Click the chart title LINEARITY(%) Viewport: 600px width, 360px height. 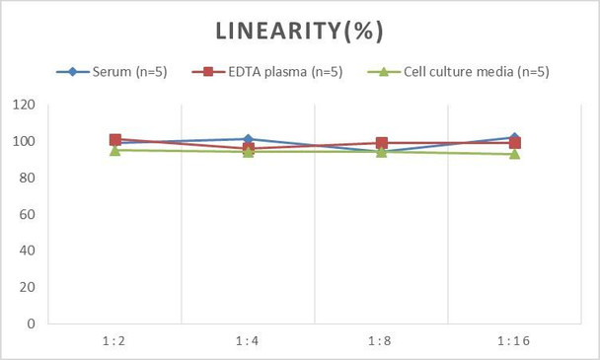coord(299,31)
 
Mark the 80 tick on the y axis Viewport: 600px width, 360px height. coord(28,179)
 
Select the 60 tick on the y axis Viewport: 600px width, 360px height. coord(28,214)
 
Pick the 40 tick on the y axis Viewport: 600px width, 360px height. coord(28,251)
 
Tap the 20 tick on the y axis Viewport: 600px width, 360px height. coord(28,287)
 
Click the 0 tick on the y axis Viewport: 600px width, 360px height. coord(32,324)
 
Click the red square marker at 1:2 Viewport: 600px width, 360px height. coord(115,140)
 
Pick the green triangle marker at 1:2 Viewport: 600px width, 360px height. coord(115,150)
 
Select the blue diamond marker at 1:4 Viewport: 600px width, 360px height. coord(249,140)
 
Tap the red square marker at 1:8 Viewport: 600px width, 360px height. coord(382,143)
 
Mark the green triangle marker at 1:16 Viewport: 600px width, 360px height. coord(515,154)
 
